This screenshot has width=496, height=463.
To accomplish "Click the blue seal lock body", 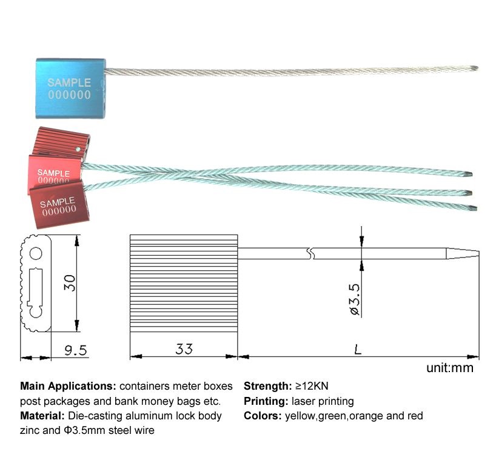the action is (x=70, y=88).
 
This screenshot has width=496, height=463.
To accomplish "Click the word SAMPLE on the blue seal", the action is (x=69, y=82).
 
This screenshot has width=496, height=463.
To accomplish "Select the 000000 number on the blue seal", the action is (x=70, y=95).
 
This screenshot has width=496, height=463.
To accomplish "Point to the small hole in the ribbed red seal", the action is (x=78, y=148).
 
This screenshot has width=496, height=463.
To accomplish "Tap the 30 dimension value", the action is (x=70, y=283).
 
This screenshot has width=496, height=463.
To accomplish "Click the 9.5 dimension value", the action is (x=76, y=350).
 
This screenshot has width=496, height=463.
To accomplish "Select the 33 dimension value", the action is (x=184, y=349).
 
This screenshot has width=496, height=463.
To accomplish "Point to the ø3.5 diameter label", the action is (x=355, y=299).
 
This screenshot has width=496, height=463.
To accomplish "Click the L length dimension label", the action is (x=358, y=349).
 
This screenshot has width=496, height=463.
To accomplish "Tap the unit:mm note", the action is (x=450, y=368).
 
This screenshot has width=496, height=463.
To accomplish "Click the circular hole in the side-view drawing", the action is (x=36, y=254).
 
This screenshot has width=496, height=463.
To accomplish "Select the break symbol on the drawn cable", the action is (x=310, y=254).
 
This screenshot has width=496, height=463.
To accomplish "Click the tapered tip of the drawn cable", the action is (x=463, y=254).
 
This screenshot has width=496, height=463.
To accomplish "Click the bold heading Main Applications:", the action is (x=69, y=386).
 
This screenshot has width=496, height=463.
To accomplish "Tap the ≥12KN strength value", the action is (x=312, y=386).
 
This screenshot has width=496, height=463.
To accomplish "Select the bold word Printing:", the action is (x=266, y=401).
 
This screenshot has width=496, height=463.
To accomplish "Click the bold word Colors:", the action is (x=263, y=416).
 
